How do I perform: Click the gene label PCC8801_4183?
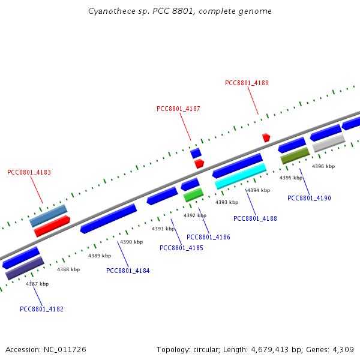point(29,173)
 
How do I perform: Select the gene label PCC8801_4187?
point(178,109)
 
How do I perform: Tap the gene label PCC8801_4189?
point(247,83)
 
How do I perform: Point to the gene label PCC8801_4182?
point(41,310)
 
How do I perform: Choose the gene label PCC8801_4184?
point(128,271)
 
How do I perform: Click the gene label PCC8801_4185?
point(181,248)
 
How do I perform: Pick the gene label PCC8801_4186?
point(208,238)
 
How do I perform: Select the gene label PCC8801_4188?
point(255,219)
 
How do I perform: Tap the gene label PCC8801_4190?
point(309,199)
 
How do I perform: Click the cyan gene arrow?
point(241,176)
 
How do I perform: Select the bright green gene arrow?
point(193,195)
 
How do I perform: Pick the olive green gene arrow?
point(295,155)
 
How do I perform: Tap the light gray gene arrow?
point(329,143)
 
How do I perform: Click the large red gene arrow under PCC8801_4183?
point(52,226)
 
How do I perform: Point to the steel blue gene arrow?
point(48,215)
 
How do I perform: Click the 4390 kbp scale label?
point(131,242)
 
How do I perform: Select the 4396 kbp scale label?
point(323,166)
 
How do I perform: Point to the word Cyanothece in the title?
point(108,11)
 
